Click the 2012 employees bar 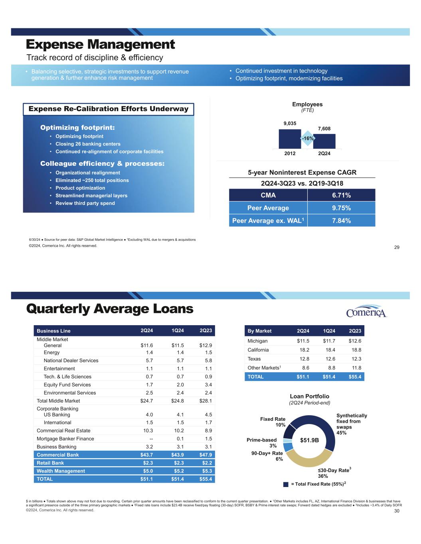[x=290, y=139]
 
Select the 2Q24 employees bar [x=324, y=141]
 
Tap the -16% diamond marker [x=307, y=138]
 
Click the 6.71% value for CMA [x=341, y=195]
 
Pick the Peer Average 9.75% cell [x=341, y=208]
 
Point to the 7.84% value [x=341, y=220]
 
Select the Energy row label [x=51, y=352]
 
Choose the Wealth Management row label [x=61, y=471]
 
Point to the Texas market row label [x=254, y=359]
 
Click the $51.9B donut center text [x=312, y=440]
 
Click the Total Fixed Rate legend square [x=286, y=484]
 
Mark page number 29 [x=397, y=247]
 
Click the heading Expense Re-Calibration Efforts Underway [x=108, y=109]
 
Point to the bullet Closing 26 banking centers [x=88, y=144]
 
